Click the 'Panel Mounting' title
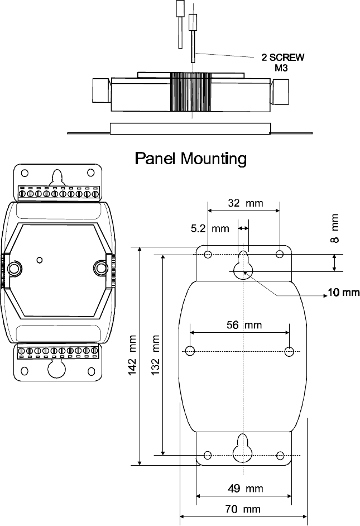coord(191,160)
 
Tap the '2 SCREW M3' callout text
coord(283,62)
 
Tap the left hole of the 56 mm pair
coord(190,351)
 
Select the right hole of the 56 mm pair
coord(289,351)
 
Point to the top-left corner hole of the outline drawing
coord(208,255)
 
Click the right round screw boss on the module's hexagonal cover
coord(101,268)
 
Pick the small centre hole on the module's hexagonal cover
coord(39,259)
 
